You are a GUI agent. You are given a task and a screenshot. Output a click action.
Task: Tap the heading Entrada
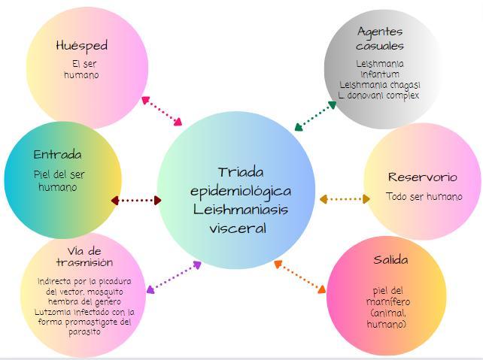(57, 155)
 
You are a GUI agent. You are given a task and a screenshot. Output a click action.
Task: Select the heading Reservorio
(422, 177)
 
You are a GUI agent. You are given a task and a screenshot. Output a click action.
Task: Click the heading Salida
(390, 260)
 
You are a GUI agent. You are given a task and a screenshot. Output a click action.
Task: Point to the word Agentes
(380, 32)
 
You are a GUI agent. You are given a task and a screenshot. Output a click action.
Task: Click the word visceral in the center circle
(238, 227)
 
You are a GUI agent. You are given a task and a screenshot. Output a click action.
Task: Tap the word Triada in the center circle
(241, 173)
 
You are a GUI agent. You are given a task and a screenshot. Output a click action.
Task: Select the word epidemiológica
(240, 191)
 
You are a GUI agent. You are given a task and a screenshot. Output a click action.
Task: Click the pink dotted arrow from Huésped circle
(162, 110)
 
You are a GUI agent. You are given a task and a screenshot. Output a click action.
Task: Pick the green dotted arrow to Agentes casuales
(315, 116)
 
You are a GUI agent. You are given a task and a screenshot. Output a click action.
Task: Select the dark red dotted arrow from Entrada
(136, 201)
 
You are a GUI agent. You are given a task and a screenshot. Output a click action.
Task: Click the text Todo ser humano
(424, 197)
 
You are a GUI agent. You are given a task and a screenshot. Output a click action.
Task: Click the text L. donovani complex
(378, 95)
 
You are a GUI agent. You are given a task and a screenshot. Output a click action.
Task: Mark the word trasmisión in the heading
(84, 262)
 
